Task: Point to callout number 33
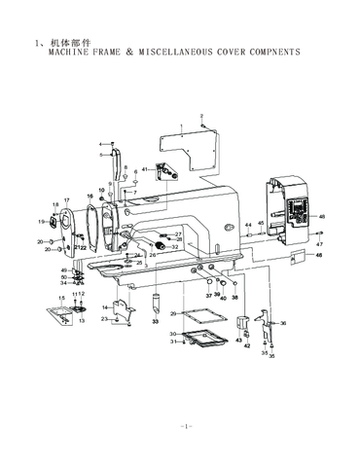[x=155, y=320]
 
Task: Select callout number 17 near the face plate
[x=67, y=200]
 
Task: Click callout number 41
[x=145, y=169]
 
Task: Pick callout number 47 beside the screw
[x=319, y=244]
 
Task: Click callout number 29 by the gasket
[x=173, y=313]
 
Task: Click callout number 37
[x=208, y=293]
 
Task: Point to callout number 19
[x=42, y=222]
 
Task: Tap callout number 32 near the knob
[x=174, y=247]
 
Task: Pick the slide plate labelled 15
[x=60, y=314]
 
